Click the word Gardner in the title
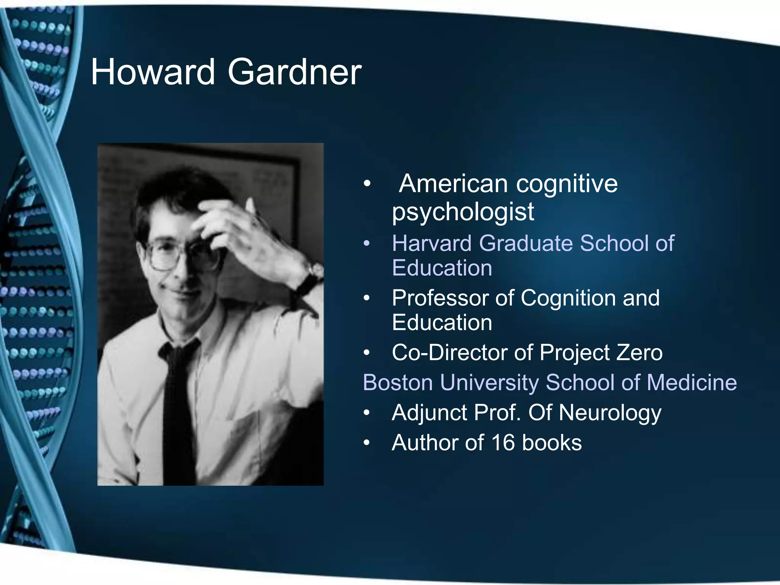pos(294,72)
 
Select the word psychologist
pos(463,212)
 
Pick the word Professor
pos(440,298)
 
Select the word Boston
pos(398,382)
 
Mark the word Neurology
pos(610,413)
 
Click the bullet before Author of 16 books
pos(366,443)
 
